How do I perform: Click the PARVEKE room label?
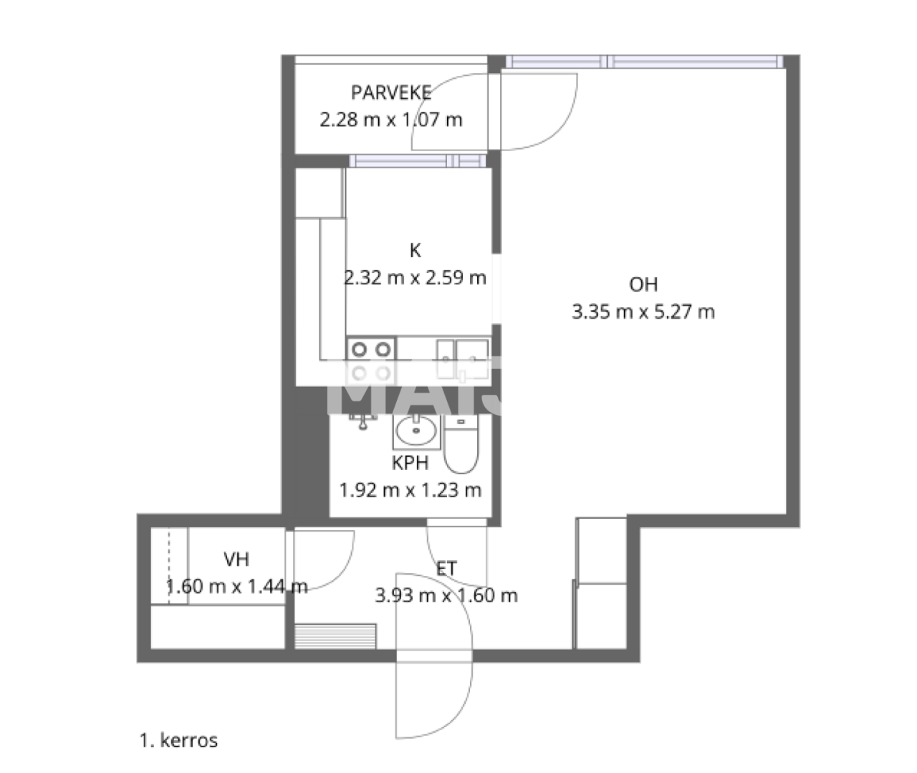click(x=391, y=92)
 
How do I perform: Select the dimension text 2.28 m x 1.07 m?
click(x=391, y=120)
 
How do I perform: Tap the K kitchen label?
click(x=415, y=251)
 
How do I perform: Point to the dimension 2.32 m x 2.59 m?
click(x=415, y=278)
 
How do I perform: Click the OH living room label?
click(x=643, y=285)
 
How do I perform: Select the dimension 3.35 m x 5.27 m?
click(x=643, y=312)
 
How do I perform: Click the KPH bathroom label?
click(x=410, y=464)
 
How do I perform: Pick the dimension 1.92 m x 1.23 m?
click(x=410, y=491)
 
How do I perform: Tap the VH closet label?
click(x=236, y=560)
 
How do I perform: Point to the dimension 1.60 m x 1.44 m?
click(x=236, y=587)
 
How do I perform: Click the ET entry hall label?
click(x=446, y=569)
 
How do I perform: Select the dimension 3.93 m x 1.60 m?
click(x=446, y=596)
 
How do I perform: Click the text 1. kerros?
click(x=178, y=740)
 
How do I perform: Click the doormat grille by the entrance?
click(x=335, y=635)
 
